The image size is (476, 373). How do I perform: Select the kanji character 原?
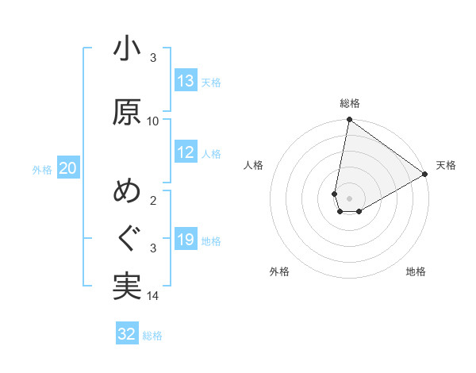(x=127, y=112)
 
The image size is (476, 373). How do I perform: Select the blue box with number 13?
(x=186, y=81)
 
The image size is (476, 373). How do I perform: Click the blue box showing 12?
(x=186, y=152)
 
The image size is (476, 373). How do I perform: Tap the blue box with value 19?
(x=186, y=240)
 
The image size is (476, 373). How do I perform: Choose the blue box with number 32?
(x=127, y=334)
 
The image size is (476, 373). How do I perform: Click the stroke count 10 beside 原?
(x=153, y=121)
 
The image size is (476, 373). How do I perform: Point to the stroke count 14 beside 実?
(x=153, y=296)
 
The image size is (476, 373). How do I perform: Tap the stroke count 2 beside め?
(x=153, y=201)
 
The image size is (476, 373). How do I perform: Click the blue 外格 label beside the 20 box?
(x=42, y=169)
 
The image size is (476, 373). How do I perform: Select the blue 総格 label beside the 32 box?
(x=152, y=335)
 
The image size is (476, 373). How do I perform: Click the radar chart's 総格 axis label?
(x=350, y=103)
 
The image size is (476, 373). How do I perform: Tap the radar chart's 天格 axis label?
(x=446, y=165)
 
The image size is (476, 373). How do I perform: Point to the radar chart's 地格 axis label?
(x=416, y=272)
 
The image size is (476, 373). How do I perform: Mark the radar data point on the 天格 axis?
(x=425, y=174)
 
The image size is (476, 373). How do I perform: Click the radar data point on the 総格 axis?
(x=349, y=121)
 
